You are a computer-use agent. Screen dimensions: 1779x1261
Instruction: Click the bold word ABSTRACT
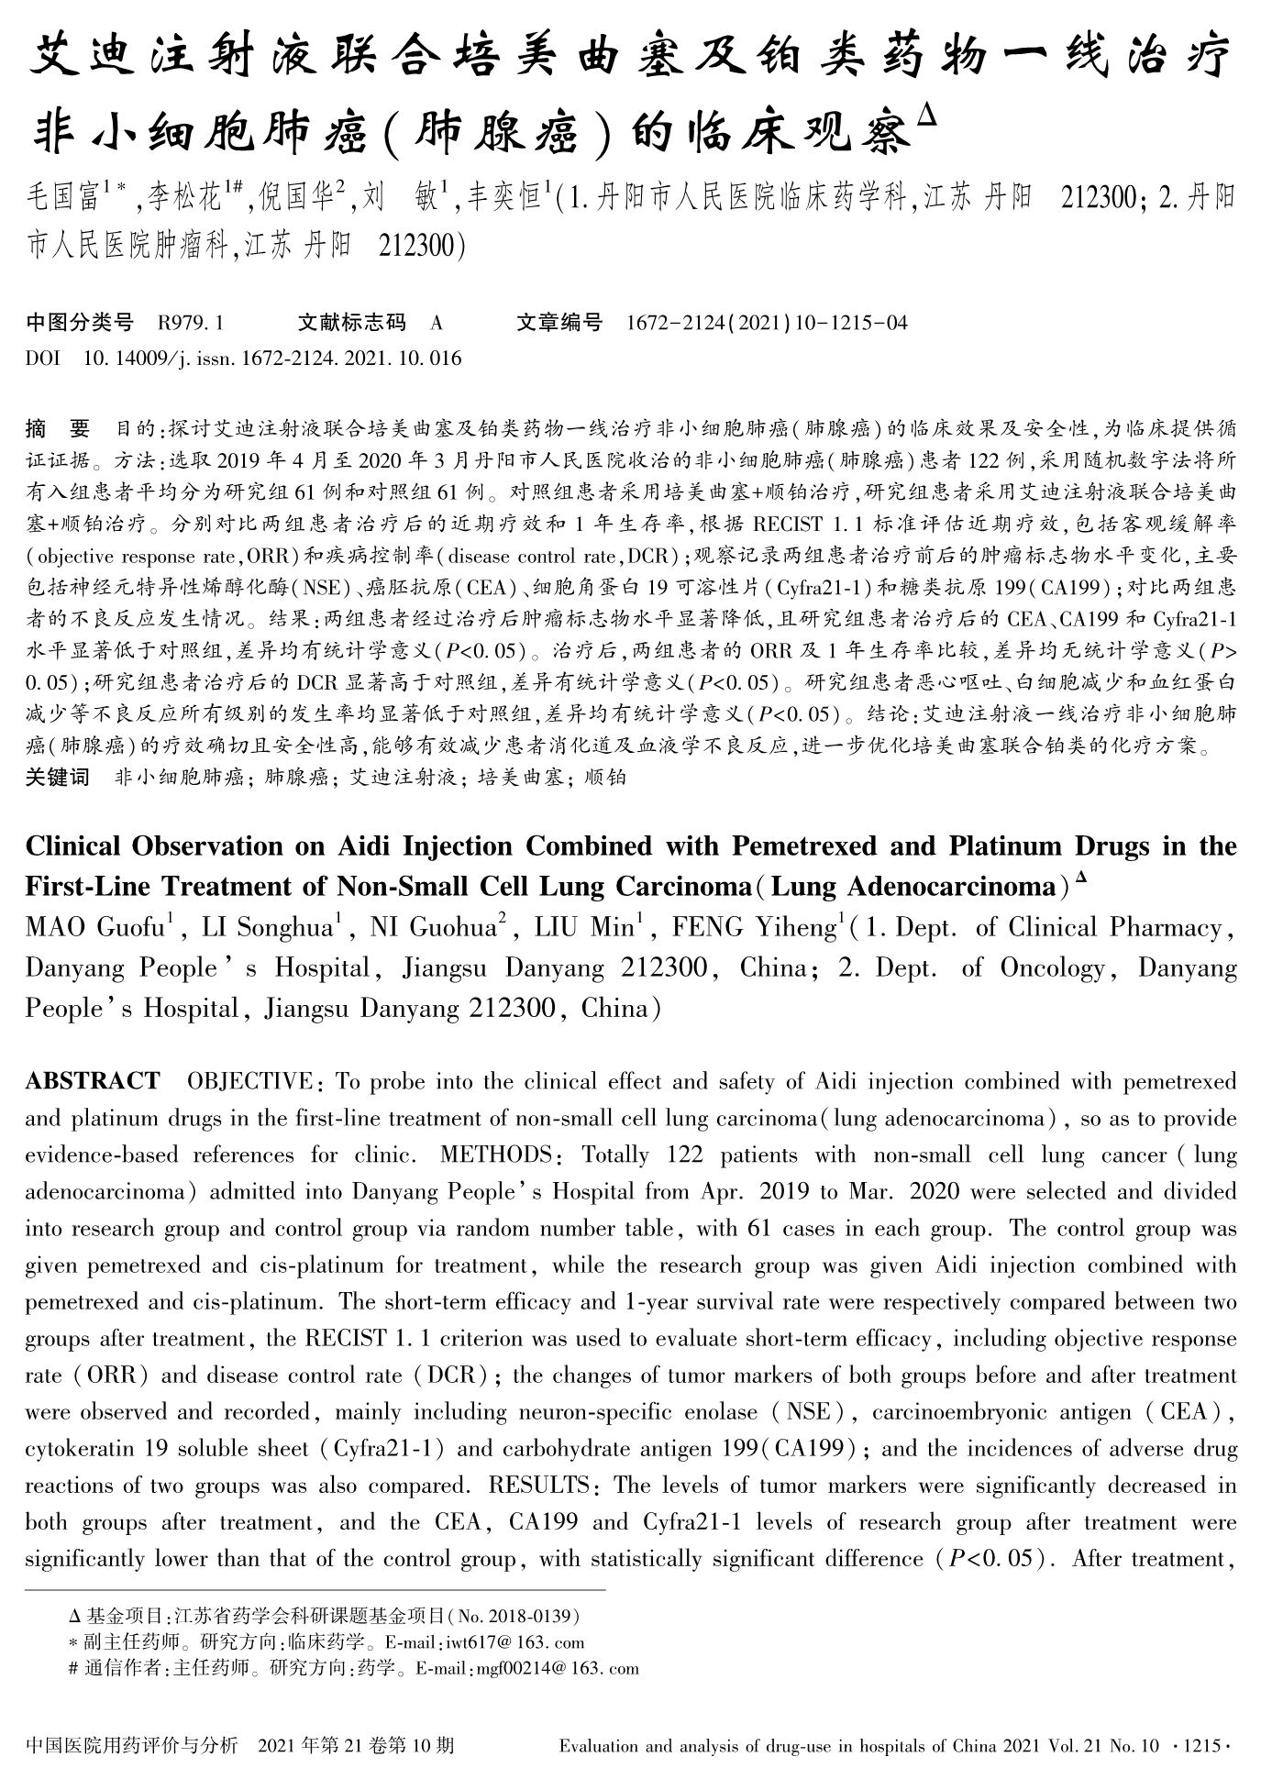(93, 1081)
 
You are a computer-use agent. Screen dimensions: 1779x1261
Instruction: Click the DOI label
(43, 358)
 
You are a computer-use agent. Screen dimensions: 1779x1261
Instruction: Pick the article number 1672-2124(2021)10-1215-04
(767, 323)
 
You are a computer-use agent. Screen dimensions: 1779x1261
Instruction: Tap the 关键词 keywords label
(58, 778)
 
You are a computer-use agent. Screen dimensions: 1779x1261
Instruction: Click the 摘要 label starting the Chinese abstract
(59, 428)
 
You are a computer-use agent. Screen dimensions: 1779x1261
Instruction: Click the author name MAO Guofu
(94, 928)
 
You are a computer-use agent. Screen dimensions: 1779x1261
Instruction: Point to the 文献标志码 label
(352, 323)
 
